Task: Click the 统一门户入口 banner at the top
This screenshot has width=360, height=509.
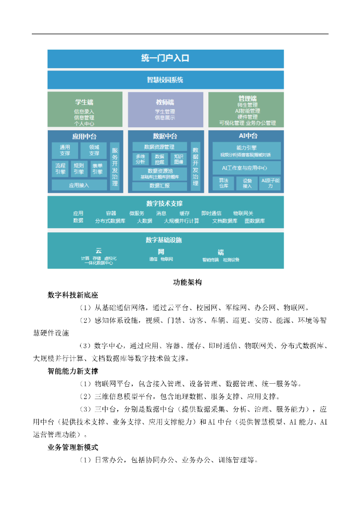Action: (x=165, y=58)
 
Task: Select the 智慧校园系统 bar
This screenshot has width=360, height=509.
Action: (x=165, y=80)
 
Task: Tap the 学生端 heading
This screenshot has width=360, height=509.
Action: (x=84, y=102)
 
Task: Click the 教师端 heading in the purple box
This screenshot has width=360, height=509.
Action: (x=165, y=102)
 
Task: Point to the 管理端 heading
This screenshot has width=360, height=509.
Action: (x=247, y=98)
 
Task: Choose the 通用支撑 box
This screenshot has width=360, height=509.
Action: (x=65, y=150)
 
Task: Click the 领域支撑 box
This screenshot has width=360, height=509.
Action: (x=94, y=150)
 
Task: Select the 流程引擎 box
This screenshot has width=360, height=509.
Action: (x=60, y=169)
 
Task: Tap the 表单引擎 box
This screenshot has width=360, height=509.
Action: (x=97, y=169)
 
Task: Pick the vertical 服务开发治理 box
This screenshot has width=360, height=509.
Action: (x=115, y=167)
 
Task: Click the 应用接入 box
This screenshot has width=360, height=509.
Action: (x=79, y=185)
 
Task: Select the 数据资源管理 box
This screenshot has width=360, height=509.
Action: (x=159, y=147)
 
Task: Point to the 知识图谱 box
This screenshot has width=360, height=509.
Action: (x=179, y=159)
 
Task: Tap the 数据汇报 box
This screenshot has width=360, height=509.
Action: (x=159, y=186)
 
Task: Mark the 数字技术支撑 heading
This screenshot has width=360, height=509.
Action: (x=165, y=203)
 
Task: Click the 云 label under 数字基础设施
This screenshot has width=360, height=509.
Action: (x=98, y=251)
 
